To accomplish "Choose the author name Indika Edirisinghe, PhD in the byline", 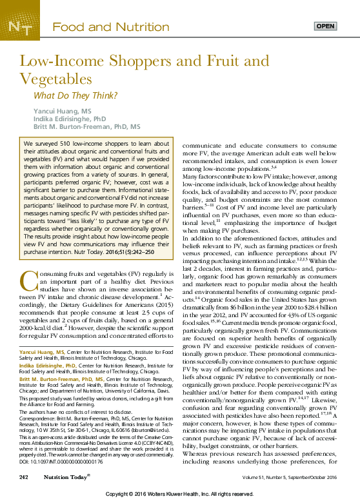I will point(71,119).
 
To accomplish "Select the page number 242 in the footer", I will point(24,476).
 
